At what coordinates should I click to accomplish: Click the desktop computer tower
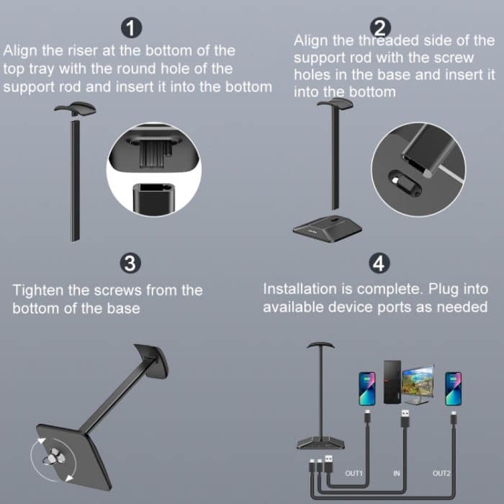pyautogui.click(x=392, y=382)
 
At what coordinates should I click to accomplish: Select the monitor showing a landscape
pyautogui.click(x=418, y=381)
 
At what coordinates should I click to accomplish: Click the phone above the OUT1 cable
pyautogui.click(x=367, y=389)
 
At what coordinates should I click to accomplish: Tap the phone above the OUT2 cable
pyautogui.click(x=453, y=389)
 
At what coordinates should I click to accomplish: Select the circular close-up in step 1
pyautogui.click(x=153, y=168)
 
